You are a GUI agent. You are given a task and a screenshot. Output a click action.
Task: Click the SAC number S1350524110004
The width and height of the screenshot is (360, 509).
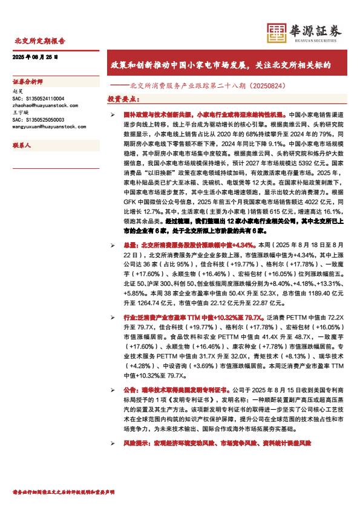click(x=46, y=98)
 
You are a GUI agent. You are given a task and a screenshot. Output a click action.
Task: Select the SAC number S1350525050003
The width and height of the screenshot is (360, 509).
click(x=46, y=120)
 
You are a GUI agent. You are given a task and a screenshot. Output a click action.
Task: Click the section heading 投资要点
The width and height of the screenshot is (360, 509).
click(x=122, y=98)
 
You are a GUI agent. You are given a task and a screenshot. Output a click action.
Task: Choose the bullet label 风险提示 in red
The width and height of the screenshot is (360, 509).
click(x=135, y=443)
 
